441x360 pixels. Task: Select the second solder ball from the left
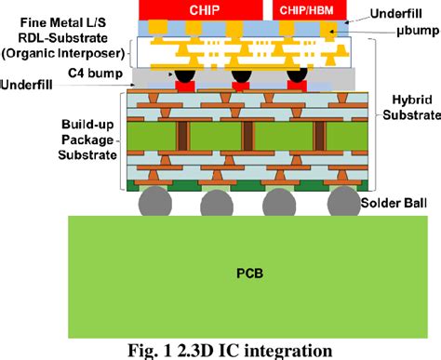coord(217,202)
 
